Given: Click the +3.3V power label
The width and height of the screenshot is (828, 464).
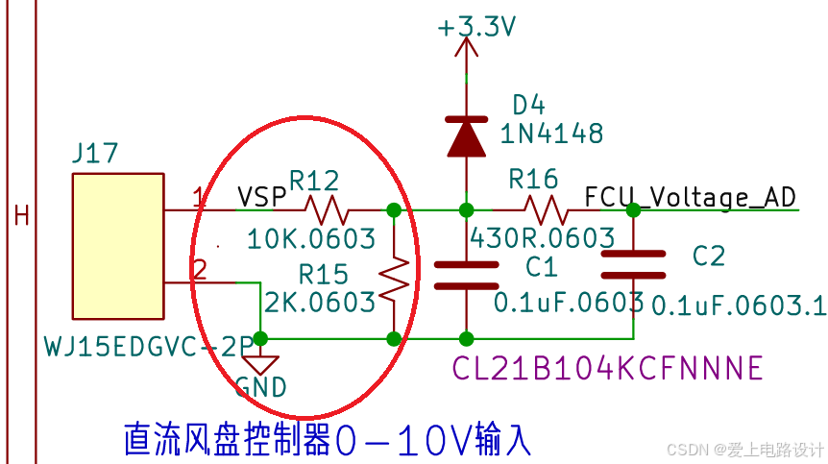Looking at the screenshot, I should point(477,27).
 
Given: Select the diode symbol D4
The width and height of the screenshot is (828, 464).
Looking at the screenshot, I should point(466,134).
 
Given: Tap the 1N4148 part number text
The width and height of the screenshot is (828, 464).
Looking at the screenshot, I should point(551,133).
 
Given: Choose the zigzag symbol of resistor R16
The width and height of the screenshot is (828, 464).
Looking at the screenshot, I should point(544,208).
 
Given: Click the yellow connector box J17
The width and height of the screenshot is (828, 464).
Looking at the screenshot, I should point(116,247).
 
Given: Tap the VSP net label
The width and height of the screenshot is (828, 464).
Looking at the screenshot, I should point(262,197).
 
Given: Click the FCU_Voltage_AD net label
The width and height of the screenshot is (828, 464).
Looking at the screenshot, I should point(690,197).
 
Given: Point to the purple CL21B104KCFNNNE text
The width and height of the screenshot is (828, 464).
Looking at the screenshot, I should point(607,368).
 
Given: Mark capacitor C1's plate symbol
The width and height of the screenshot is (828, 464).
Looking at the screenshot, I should point(466,274).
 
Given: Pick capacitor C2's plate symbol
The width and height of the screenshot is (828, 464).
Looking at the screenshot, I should point(633,263).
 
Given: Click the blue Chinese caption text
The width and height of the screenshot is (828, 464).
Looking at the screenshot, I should point(327,439).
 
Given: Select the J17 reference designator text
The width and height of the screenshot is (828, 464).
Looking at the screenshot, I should point(95,152).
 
